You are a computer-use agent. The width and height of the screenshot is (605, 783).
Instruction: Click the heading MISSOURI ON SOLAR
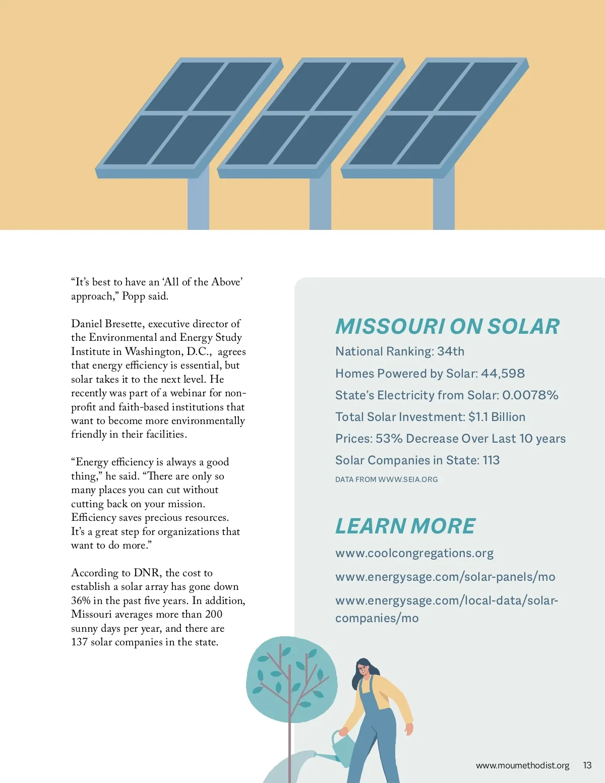point(447,327)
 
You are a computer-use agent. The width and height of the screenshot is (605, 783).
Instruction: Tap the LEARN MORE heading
point(405,526)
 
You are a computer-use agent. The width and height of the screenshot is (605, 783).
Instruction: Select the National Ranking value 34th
point(451,351)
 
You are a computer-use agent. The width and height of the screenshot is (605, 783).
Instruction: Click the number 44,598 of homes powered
point(503,374)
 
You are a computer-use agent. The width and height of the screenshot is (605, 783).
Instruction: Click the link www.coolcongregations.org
point(414,553)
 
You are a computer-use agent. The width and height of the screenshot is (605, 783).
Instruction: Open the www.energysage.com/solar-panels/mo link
point(445,577)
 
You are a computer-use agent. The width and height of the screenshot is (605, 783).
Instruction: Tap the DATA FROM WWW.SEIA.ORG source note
point(386,479)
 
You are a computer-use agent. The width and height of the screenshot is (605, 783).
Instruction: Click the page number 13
point(587,765)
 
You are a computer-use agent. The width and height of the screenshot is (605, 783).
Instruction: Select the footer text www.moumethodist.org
point(522,765)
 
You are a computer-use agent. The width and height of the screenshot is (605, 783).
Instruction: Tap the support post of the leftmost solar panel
point(198,202)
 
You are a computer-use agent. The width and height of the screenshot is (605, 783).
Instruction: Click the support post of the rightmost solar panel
point(444,202)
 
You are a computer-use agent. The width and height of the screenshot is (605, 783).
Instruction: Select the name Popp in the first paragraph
point(133,296)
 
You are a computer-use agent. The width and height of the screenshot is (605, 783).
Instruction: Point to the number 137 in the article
point(79,642)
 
